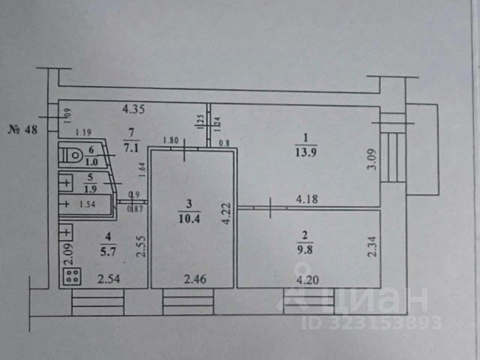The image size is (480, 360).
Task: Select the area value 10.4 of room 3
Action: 190,216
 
